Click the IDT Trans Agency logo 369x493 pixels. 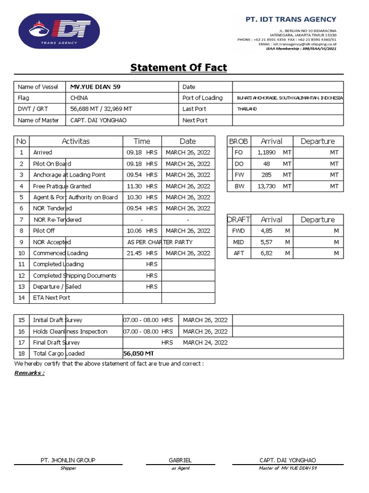59,31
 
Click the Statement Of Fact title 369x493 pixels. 179,67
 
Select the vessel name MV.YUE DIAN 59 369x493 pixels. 95,87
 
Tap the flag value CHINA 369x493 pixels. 79,98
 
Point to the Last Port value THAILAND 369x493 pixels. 247,109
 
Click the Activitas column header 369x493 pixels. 75,141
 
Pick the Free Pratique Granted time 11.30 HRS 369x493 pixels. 142,186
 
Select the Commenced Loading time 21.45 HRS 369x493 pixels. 142,253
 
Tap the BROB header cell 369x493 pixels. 238,141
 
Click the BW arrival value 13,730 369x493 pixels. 267,186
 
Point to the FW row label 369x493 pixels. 239,175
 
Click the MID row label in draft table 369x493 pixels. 239,242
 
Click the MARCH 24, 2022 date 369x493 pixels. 205,342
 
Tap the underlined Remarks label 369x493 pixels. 29,373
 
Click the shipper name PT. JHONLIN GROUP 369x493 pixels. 68,460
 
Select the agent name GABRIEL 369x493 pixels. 180,460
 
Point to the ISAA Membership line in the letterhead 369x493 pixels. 301,49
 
